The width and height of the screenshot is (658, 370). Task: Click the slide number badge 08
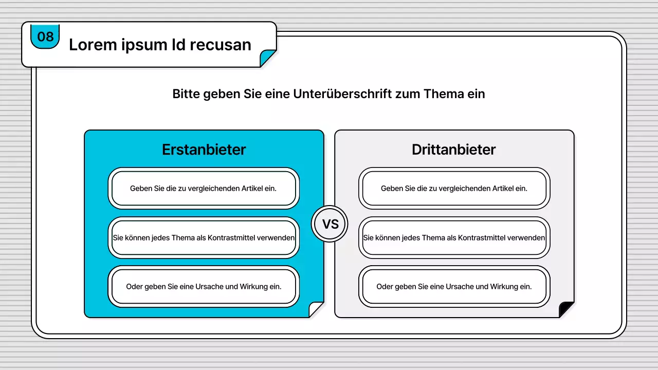tap(45, 36)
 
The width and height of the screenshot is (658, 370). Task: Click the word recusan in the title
tap(221, 45)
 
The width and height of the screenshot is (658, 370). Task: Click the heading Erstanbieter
tap(204, 150)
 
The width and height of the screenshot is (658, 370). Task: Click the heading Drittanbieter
tap(454, 150)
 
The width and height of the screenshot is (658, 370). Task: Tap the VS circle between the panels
tap(330, 224)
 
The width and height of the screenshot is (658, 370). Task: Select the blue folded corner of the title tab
tap(268, 59)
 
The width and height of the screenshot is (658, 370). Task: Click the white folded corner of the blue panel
tap(316, 310)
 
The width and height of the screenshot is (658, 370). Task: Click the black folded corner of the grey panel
tap(566, 310)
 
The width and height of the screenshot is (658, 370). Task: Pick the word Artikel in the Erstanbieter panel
tap(252, 189)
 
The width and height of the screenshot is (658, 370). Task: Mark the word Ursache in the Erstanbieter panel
tap(209, 287)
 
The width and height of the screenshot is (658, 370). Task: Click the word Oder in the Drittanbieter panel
tap(385, 287)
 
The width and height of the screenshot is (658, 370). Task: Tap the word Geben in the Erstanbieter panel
tap(140, 189)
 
